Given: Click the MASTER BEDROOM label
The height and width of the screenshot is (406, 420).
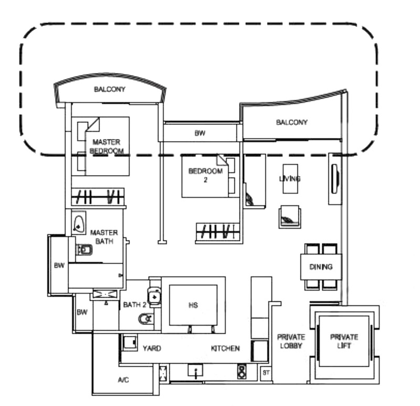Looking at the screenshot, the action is (107, 146).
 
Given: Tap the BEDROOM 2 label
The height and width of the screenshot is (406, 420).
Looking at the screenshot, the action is (205, 175).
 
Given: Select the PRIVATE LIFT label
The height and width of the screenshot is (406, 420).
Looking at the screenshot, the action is (344, 341).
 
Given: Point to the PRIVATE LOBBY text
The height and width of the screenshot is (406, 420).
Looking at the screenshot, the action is (291, 341).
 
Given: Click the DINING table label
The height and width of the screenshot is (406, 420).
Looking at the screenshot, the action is (321, 267).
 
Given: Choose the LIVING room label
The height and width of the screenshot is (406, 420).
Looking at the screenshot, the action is (290, 178).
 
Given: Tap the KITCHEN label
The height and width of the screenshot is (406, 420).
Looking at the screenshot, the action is (225, 348).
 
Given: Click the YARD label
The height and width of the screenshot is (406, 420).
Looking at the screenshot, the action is (152, 348).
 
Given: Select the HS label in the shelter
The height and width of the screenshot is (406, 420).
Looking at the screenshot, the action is (193, 305).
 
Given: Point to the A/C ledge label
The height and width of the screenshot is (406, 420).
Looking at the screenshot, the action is (123, 380).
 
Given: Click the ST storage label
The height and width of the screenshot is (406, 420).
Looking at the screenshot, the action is (266, 372).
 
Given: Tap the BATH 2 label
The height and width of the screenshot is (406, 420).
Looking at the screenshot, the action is (135, 305).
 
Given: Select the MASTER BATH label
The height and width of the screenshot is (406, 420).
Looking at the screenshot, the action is (104, 237).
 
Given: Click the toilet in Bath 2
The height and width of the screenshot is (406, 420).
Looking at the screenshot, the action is (146, 319).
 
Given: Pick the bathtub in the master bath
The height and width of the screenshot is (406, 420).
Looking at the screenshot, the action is (79, 223).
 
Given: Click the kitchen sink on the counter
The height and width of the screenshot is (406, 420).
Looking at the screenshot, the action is (195, 371).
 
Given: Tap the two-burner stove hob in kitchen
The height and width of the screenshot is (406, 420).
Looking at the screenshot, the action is (241, 372).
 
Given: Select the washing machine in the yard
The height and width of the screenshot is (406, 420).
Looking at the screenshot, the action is (130, 343).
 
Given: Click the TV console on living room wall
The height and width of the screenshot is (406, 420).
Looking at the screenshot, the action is (335, 179).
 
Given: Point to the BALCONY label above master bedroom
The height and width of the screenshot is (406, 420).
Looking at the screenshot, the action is (110, 89).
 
